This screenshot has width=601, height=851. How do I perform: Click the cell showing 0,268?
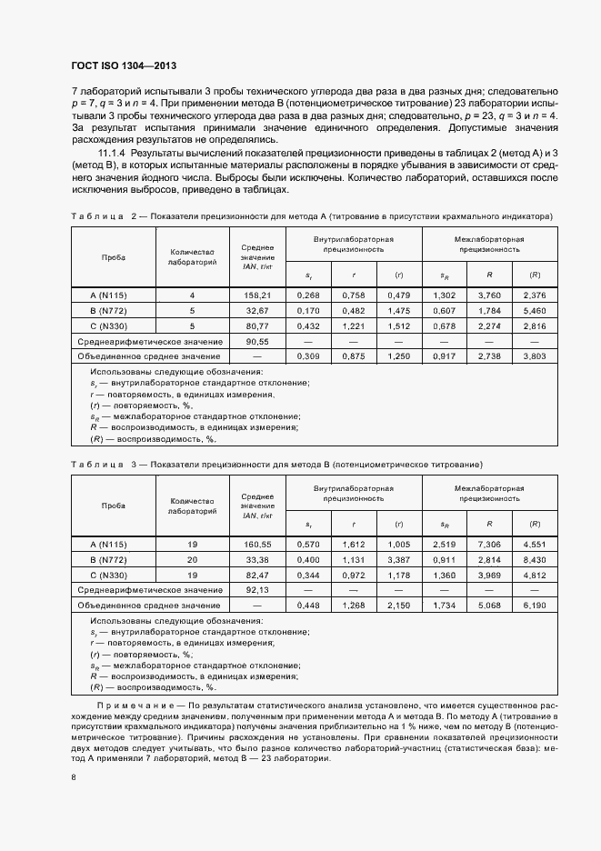[x=308, y=295]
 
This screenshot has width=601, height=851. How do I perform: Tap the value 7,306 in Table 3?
[x=489, y=544]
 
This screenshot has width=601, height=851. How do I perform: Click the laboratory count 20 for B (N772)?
[x=191, y=559]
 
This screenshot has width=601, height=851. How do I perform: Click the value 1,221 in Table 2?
[x=353, y=325]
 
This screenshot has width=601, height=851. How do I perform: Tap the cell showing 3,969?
[x=489, y=575]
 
